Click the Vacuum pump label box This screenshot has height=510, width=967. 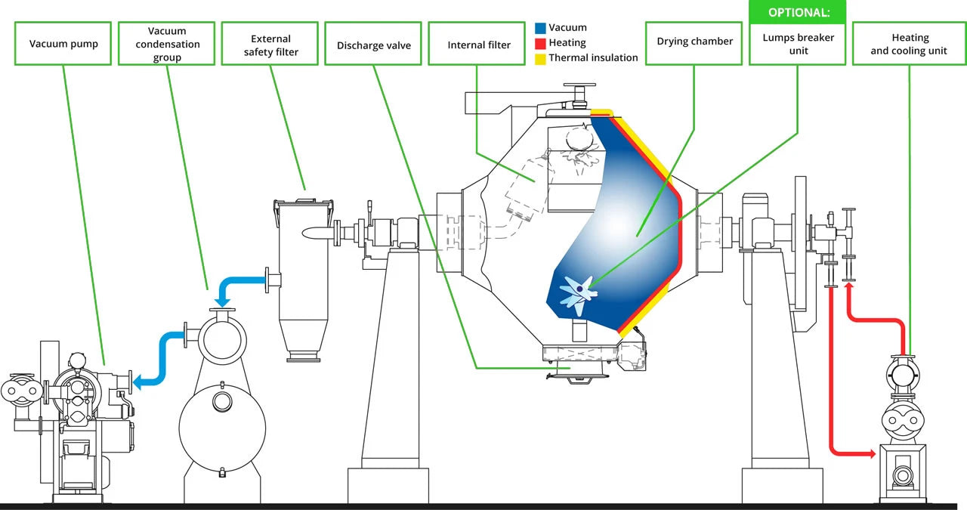click(x=63, y=44)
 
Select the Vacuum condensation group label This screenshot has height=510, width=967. click(x=167, y=44)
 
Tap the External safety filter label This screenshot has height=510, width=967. click(x=270, y=45)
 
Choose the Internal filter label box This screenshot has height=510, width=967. click(x=479, y=45)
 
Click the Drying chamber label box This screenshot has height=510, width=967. click(x=694, y=42)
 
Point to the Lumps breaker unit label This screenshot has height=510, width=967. click(x=797, y=44)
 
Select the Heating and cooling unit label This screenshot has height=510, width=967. click(x=909, y=44)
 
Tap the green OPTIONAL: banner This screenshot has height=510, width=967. click(x=797, y=13)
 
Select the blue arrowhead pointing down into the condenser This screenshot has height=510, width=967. click(x=221, y=303)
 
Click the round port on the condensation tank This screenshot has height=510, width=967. click(x=222, y=401)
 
